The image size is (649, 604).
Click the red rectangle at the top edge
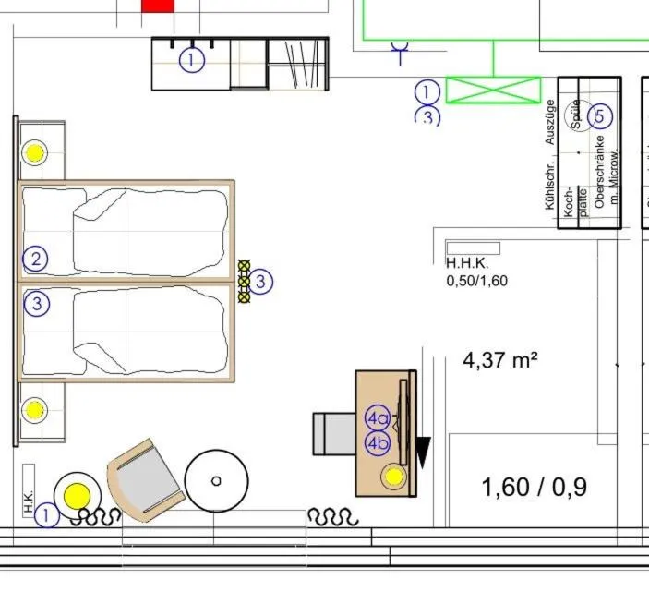pyautogui.click(x=157, y=6)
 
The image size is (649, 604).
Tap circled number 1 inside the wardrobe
pyautogui.click(x=191, y=61)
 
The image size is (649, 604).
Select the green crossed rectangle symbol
pyautogui.click(x=493, y=90)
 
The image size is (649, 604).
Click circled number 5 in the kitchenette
pyautogui.click(x=600, y=116)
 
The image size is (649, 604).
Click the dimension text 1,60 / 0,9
pyautogui.click(x=535, y=487)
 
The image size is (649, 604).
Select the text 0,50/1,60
pyautogui.click(x=477, y=281)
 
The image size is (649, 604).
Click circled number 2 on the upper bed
pyautogui.click(x=36, y=259)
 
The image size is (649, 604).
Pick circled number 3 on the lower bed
pyautogui.click(x=36, y=303)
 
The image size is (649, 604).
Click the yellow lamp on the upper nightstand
pyautogui.click(x=35, y=152)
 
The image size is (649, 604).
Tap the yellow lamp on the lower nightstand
pyautogui.click(x=35, y=409)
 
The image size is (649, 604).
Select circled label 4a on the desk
pyautogui.click(x=378, y=418)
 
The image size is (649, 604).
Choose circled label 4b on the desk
pyautogui.click(x=378, y=443)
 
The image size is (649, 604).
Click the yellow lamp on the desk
pyautogui.click(x=394, y=477)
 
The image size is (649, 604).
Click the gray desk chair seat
pyautogui.click(x=333, y=434)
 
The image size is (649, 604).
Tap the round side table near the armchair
pyautogui.click(x=216, y=480)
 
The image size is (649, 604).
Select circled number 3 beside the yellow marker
pyautogui.click(x=261, y=281)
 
